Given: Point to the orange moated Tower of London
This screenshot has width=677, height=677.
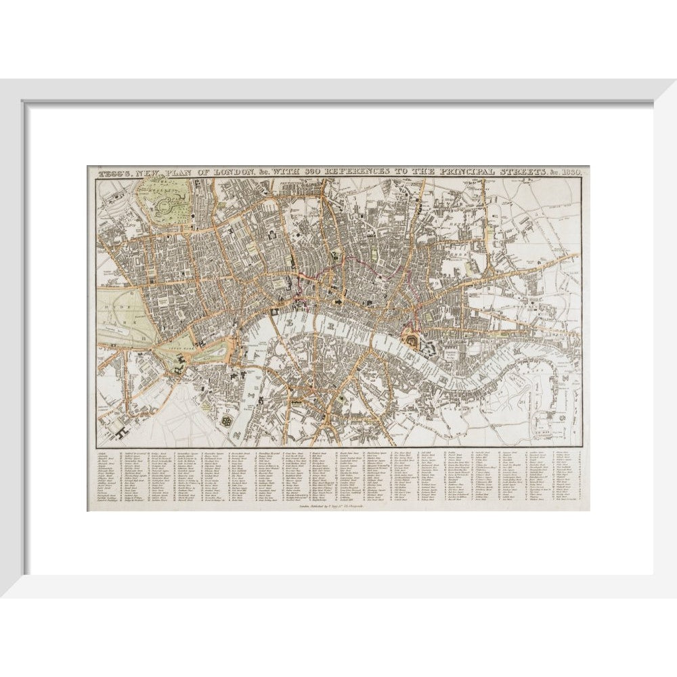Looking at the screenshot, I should click(x=411, y=343).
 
